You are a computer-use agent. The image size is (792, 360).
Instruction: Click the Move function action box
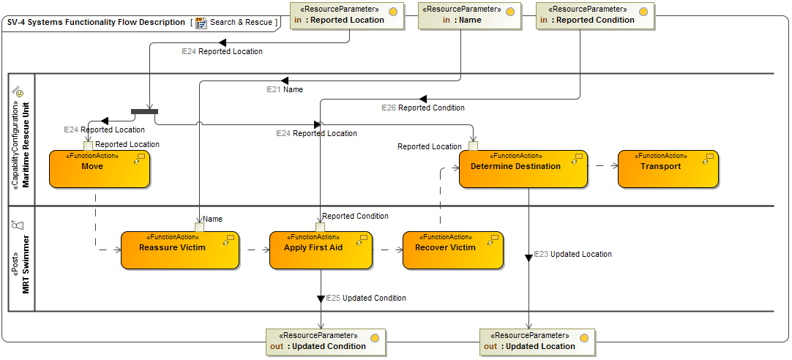pos(100,169)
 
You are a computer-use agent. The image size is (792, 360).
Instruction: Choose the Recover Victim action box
pos(453,250)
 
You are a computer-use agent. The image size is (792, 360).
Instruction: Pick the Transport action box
pos(668,169)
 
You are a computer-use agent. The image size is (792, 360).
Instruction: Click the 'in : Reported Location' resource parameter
pos(347,15)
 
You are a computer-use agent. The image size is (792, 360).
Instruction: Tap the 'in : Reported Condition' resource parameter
pos(594,15)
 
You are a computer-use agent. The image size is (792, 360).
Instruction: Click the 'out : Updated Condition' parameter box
pos(326,342)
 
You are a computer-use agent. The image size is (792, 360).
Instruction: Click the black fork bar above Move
pos(144,111)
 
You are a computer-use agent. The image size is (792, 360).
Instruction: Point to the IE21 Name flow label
pos(284,89)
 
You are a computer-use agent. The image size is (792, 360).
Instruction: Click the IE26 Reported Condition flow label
pos(423,108)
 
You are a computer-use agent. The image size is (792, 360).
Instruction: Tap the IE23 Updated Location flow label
pos(572,254)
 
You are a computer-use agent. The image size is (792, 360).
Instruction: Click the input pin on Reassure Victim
pos(199,227)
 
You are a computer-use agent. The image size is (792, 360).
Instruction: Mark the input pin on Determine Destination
pos(473,146)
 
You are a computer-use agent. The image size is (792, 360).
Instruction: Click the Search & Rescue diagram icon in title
pos(201,23)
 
